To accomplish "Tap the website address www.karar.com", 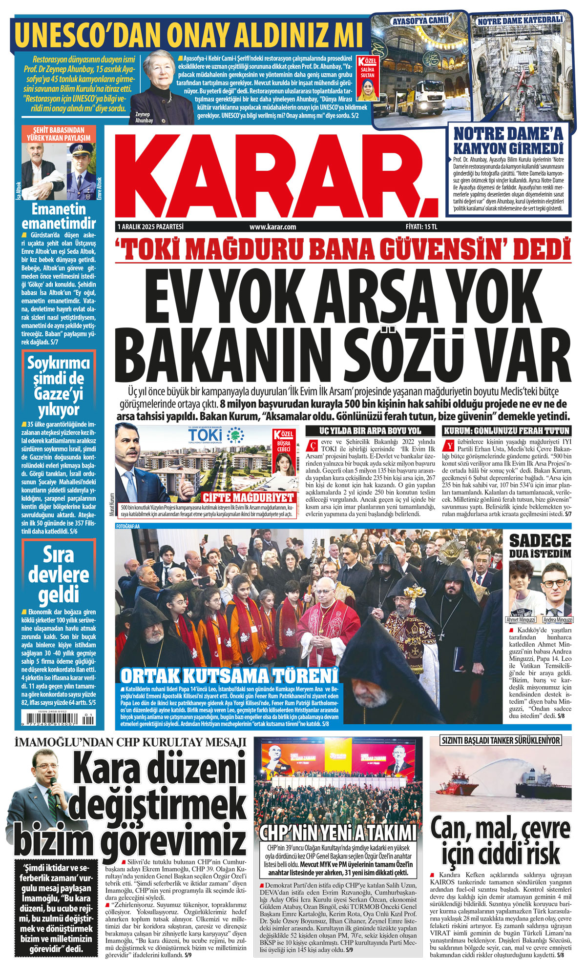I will click(272, 227).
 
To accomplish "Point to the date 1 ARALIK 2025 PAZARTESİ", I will click(150, 227).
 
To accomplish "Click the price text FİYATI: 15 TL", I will click(421, 227).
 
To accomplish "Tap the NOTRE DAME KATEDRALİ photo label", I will click(520, 21).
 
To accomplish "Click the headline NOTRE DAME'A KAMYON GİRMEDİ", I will click(508, 141).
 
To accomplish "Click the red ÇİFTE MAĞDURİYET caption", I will click(249, 498).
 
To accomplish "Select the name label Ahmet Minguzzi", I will click(521, 620).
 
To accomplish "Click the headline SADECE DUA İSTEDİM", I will click(540, 546).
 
